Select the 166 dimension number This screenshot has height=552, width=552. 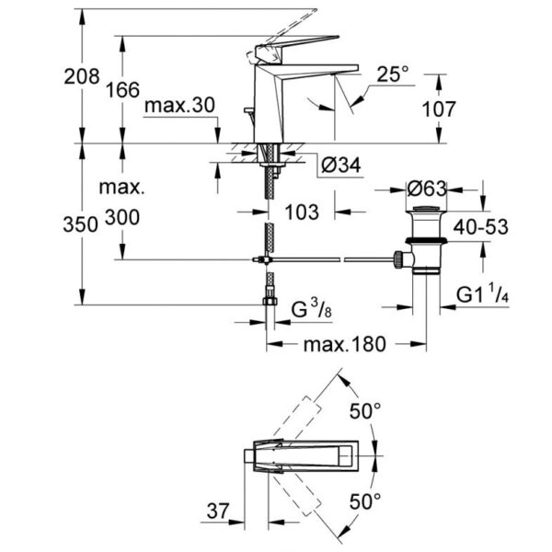(x=121, y=89)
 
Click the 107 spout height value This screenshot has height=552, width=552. (x=439, y=109)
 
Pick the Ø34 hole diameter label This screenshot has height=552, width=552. (x=341, y=167)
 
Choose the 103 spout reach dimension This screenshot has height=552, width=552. (x=301, y=213)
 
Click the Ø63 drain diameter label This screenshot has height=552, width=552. (x=426, y=189)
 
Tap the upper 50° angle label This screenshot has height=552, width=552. (x=364, y=410)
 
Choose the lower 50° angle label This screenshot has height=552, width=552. (x=364, y=501)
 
